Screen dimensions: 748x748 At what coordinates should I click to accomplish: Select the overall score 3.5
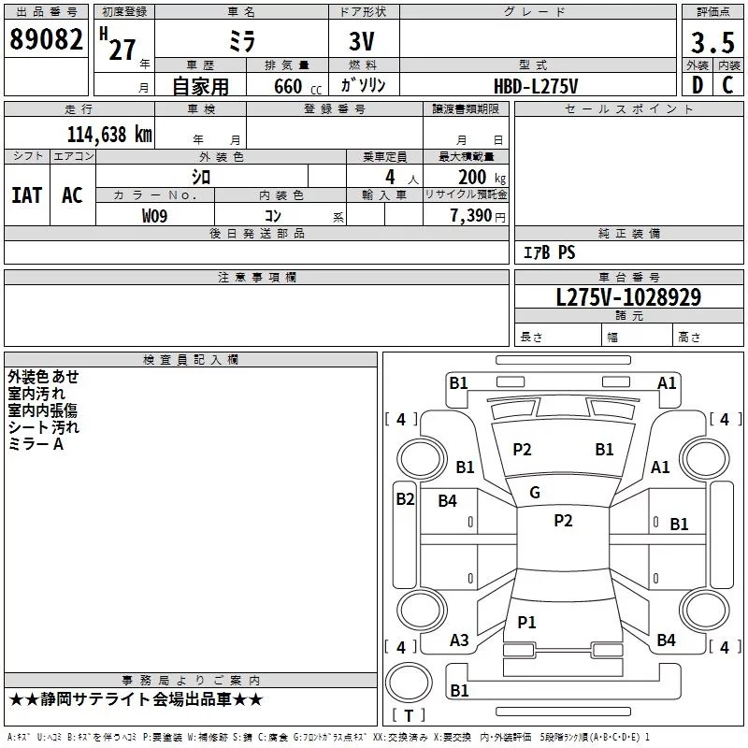point(712,43)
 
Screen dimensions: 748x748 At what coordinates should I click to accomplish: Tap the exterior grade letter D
point(697,85)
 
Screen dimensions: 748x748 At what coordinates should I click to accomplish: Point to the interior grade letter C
point(727,85)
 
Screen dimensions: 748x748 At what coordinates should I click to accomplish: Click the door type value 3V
point(363,42)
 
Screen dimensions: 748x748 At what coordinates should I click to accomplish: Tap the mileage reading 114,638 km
point(109,134)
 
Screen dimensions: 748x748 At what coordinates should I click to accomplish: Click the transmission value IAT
point(26,194)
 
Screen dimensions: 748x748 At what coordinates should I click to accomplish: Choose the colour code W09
point(155,216)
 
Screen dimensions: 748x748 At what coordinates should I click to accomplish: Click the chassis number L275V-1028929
point(628,297)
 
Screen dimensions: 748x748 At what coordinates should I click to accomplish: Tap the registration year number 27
point(122,49)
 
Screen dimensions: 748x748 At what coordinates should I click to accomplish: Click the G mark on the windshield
point(535,493)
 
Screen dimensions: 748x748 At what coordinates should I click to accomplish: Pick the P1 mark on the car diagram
point(527,622)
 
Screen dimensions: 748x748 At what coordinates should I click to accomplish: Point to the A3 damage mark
point(459,640)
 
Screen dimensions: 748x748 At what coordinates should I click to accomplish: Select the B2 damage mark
point(405,499)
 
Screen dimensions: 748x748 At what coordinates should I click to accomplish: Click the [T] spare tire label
point(408,716)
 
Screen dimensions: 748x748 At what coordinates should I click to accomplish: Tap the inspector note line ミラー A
point(36,444)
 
